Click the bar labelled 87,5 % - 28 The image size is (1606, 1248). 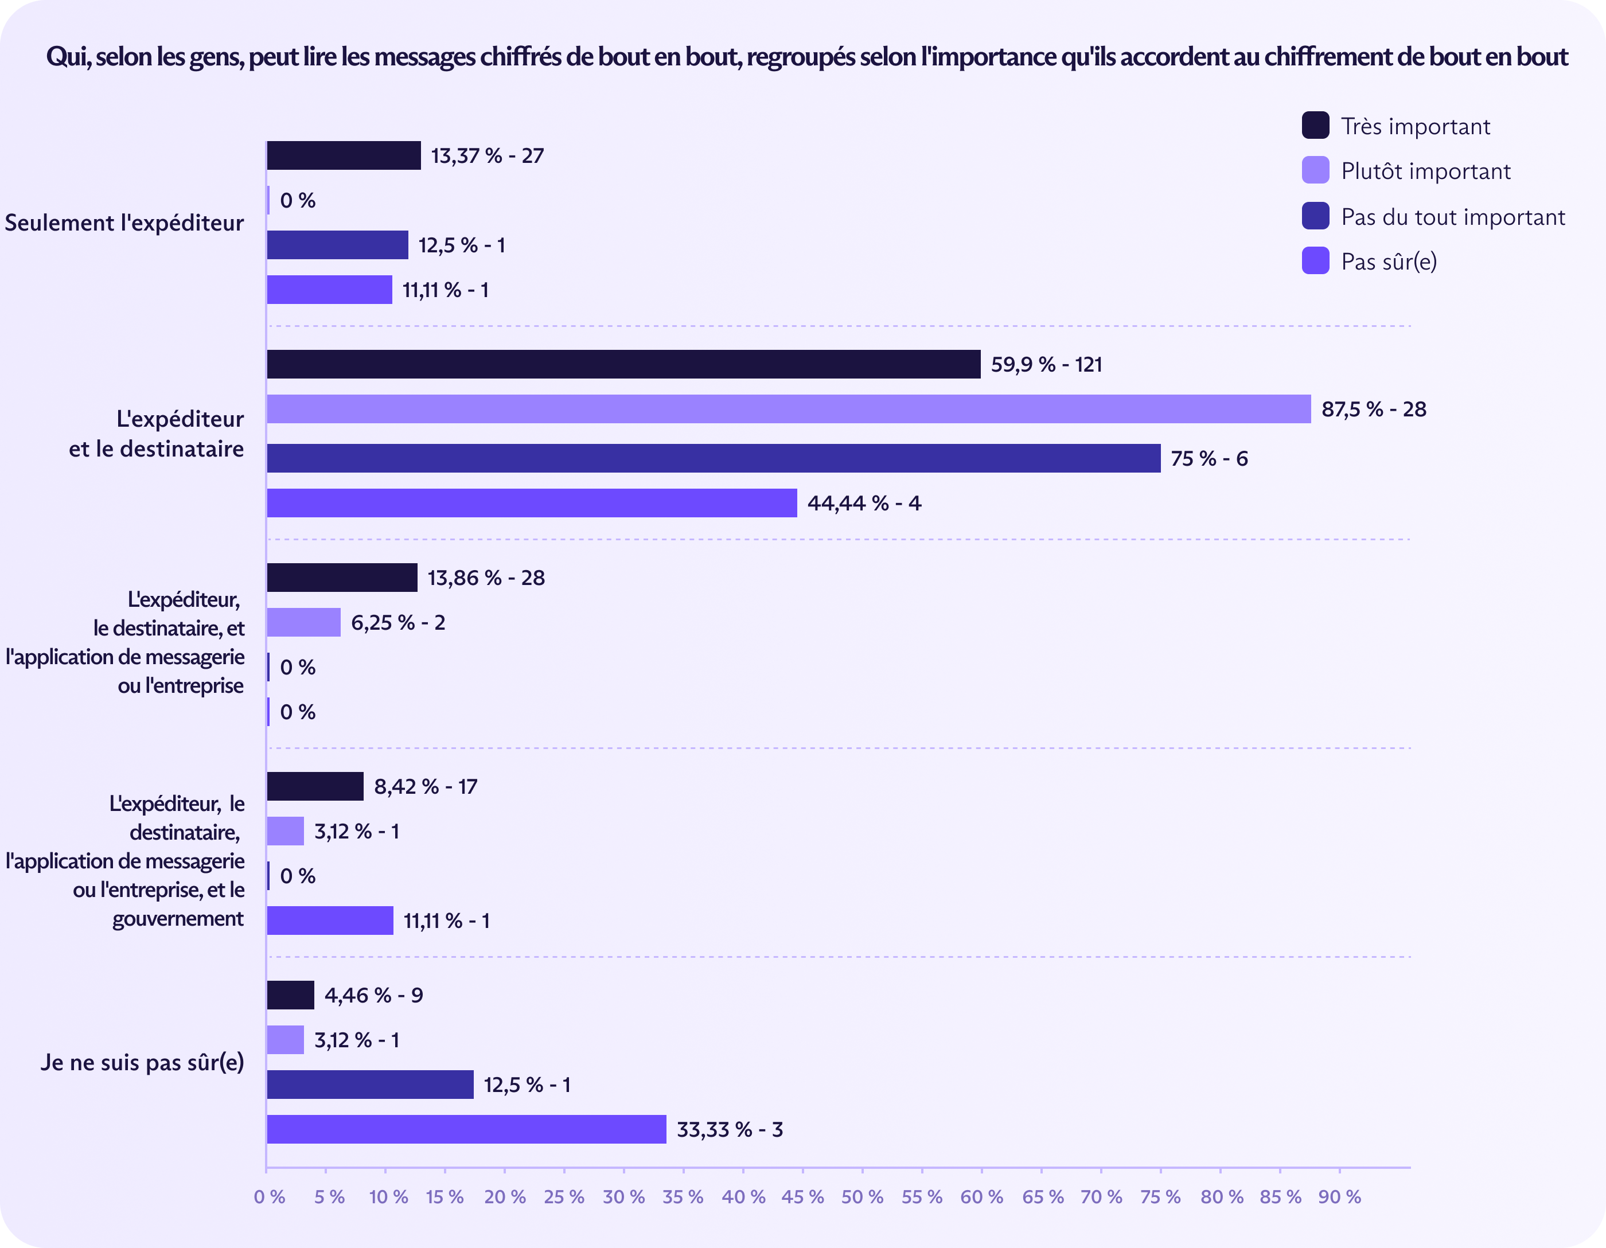[x=788, y=409]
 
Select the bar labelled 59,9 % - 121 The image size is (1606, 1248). [x=623, y=364]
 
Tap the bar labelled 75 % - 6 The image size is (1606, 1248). [x=714, y=458]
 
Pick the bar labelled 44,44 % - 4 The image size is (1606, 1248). [x=532, y=503]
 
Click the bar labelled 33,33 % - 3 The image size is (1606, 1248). [x=466, y=1129]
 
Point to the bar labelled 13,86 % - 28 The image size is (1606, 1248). [x=342, y=578]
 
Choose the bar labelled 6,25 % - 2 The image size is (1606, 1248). [x=303, y=622]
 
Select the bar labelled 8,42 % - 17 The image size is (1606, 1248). [x=315, y=786]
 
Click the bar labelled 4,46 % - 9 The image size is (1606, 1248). [x=290, y=995]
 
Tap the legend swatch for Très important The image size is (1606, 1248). [x=1315, y=125]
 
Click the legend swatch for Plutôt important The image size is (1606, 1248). [x=1315, y=170]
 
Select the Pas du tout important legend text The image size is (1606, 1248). [x=1452, y=217]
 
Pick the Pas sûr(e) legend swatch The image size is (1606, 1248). [x=1315, y=260]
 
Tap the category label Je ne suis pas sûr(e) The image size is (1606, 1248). [x=142, y=1063]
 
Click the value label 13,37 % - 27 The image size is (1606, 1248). [x=487, y=156]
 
